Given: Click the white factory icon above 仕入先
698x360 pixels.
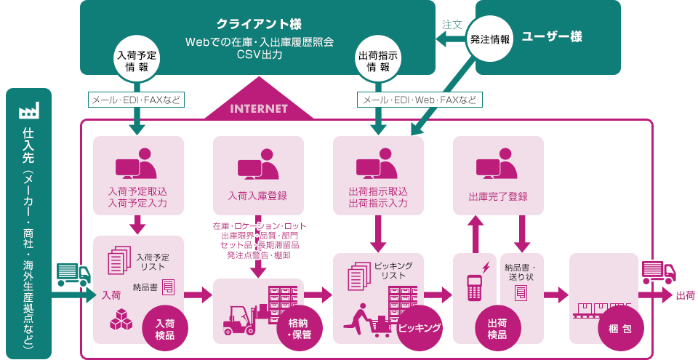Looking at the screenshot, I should [x=29, y=110].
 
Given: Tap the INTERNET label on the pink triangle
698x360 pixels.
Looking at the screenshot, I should [x=259, y=108].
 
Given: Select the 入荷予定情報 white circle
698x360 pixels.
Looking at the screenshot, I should [x=136, y=60].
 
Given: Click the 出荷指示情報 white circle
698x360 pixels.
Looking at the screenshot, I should [x=378, y=60].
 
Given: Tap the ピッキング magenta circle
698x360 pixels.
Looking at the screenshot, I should [x=420, y=328].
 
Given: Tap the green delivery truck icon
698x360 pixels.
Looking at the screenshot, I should [x=73, y=274].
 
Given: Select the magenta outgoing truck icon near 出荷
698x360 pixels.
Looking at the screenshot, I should [x=659, y=272].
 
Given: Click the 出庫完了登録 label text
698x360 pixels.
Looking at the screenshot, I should [x=498, y=196].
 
